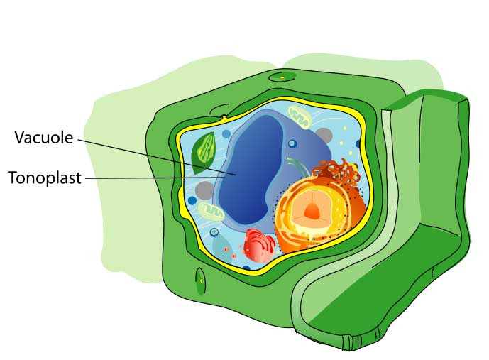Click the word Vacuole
tap(43, 138)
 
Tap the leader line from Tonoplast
tap(142, 178)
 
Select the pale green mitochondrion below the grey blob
tap(210, 210)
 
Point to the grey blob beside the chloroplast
tap(204, 190)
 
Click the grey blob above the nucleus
tap(324, 135)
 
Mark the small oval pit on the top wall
tap(281, 76)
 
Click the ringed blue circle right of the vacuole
tap(292, 144)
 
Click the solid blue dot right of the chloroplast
tap(226, 133)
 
